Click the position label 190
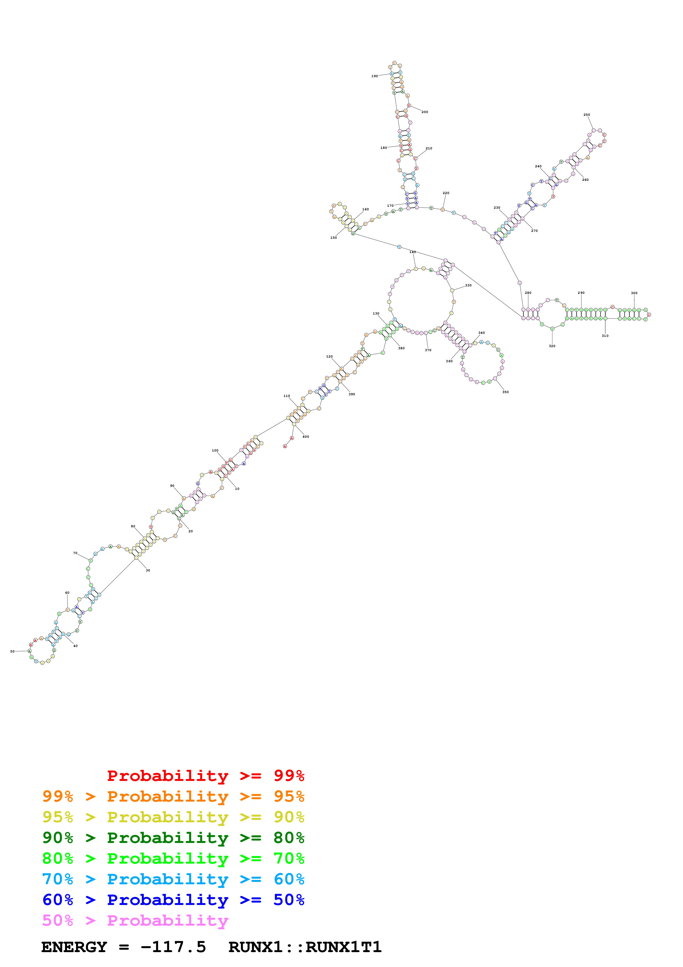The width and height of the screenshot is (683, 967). click(x=374, y=76)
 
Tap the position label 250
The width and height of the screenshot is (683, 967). click(x=586, y=115)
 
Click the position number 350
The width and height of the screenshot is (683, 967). click(x=505, y=392)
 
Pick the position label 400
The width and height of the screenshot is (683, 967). click(x=306, y=437)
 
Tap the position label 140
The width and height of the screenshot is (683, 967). click(x=412, y=252)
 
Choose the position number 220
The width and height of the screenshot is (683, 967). click(x=446, y=193)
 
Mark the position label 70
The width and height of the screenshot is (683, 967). click(x=75, y=553)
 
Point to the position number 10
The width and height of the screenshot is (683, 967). click(x=237, y=488)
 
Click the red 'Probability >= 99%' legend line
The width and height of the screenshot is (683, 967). click(x=205, y=775)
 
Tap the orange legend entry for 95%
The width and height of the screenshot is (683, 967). click(x=173, y=796)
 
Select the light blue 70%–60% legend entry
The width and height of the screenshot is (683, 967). click(x=173, y=879)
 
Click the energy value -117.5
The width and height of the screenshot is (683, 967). click(x=173, y=947)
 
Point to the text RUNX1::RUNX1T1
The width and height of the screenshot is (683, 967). click(x=305, y=947)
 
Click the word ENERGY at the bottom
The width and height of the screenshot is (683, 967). click(x=74, y=947)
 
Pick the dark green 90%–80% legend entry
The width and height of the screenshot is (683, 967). click(x=173, y=838)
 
